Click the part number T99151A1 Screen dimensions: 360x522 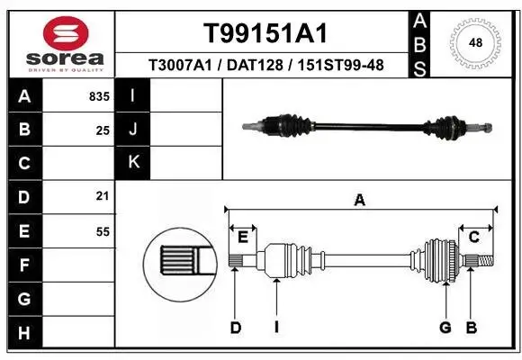click(x=264, y=33)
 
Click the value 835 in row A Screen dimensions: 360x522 click(x=99, y=96)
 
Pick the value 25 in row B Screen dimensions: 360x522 click(x=103, y=130)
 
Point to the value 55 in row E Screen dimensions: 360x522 click(x=103, y=231)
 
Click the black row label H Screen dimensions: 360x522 click(x=23, y=332)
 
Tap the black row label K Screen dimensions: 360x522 click(x=133, y=163)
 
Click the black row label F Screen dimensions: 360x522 click(x=23, y=265)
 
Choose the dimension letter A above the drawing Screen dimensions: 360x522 click(x=360, y=202)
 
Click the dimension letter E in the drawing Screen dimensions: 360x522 click(x=243, y=237)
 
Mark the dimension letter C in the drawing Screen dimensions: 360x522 click(x=473, y=237)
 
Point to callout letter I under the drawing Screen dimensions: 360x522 click(x=276, y=328)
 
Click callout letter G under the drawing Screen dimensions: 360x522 click(x=445, y=328)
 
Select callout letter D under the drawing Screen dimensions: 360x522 click(x=235, y=328)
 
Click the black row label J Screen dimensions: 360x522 click(x=133, y=130)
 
